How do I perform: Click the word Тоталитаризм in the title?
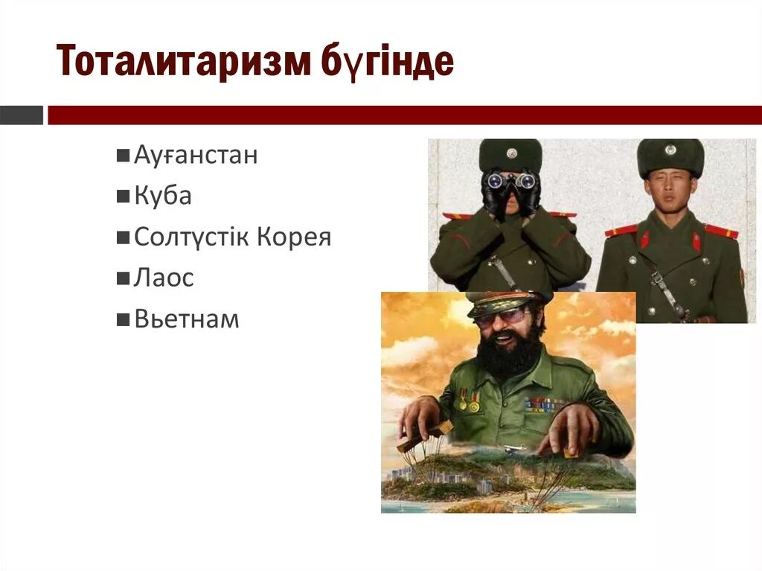pos(182,63)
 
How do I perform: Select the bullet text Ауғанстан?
pos(196,156)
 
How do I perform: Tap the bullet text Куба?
pos(163,197)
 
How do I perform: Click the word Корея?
pos(294,237)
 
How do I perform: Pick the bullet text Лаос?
pos(164,278)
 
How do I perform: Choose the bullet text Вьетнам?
pos(187,319)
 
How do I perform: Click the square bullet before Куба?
pos(123,197)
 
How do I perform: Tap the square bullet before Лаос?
pos(123,279)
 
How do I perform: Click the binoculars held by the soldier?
pos(510,180)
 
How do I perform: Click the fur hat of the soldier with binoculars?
pos(510,154)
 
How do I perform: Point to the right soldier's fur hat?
pos(670,156)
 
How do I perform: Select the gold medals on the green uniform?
pos(468,402)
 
